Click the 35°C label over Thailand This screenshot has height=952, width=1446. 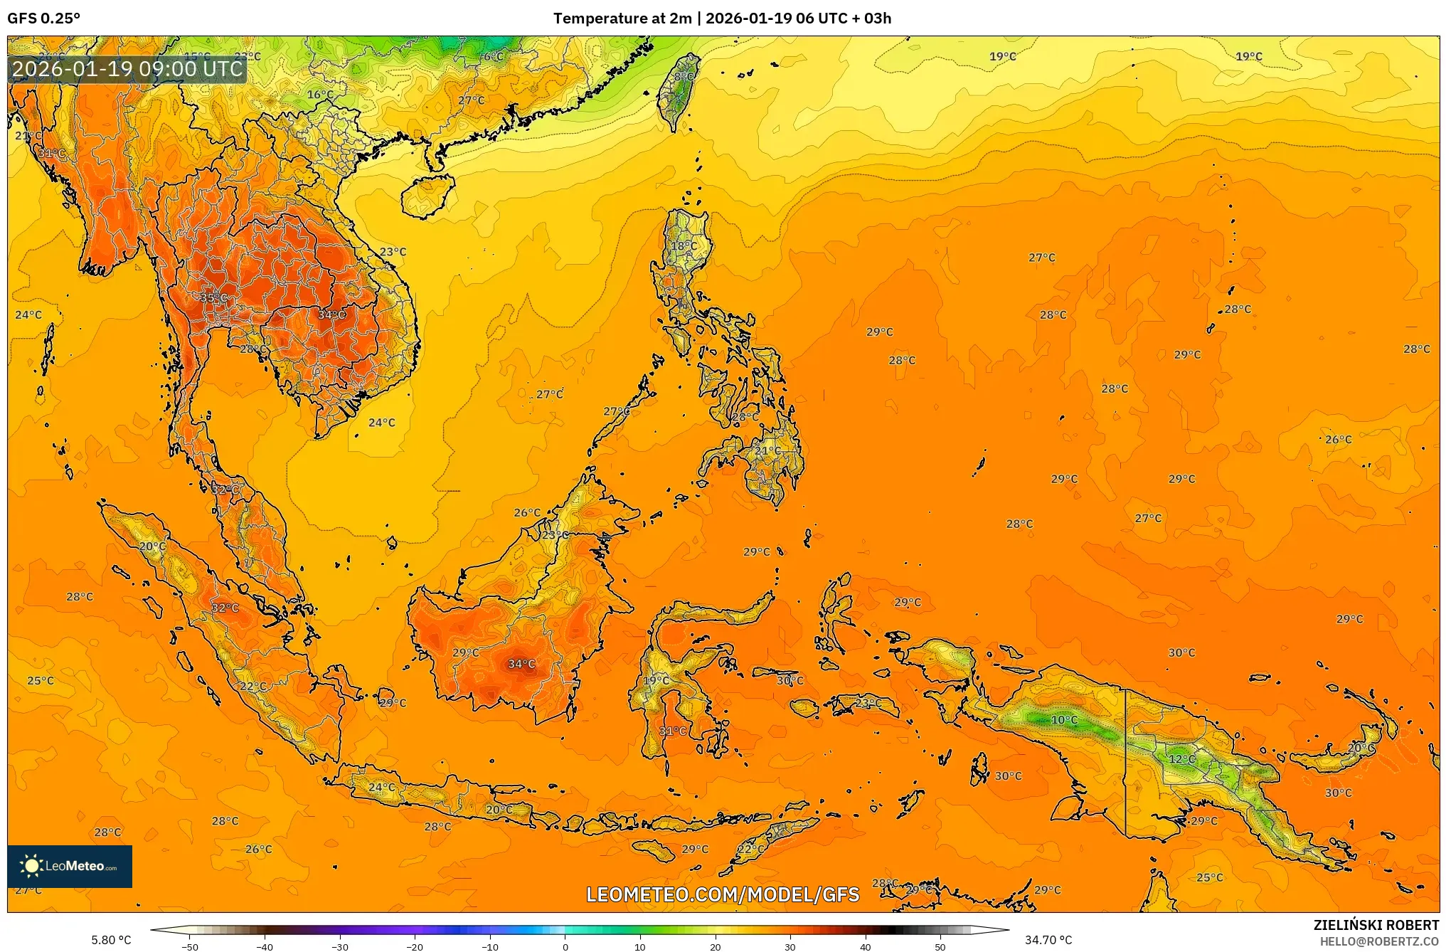[x=213, y=298]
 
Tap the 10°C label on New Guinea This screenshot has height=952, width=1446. [x=1064, y=720]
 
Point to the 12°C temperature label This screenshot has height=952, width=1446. [x=1181, y=759]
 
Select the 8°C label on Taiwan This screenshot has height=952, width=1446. [x=684, y=77]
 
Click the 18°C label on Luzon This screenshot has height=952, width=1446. [x=684, y=246]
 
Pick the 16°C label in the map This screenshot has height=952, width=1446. [x=320, y=95]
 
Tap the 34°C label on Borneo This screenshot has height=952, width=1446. [x=521, y=665]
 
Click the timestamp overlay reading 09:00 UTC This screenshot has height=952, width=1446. [x=128, y=69]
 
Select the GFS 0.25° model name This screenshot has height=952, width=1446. [x=44, y=18]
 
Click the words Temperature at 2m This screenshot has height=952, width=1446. [x=622, y=18]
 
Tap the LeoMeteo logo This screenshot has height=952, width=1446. [x=70, y=866]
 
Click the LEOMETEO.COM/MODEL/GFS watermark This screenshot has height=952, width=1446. [x=723, y=894]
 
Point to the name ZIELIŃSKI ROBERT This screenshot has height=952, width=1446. [x=1376, y=925]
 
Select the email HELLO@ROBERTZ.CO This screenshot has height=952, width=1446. [x=1379, y=941]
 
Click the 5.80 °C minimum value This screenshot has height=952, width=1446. [x=111, y=940]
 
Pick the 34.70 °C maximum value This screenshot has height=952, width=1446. [x=1048, y=940]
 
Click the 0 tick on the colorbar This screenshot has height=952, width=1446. [x=565, y=946]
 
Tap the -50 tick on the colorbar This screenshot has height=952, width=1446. [x=190, y=946]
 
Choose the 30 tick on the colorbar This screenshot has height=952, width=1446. [x=790, y=946]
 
